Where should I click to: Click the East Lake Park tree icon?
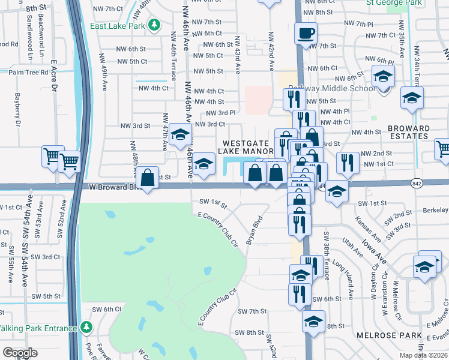155,25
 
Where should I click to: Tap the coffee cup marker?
306,32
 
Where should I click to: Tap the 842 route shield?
417,182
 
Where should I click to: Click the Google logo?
20,353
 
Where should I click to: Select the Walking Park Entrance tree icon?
87,328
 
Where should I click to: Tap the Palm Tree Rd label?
28,72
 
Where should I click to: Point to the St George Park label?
393,2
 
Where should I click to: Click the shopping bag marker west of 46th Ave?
147,177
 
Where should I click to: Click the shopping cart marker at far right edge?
443,148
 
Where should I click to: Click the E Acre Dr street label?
53,74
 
